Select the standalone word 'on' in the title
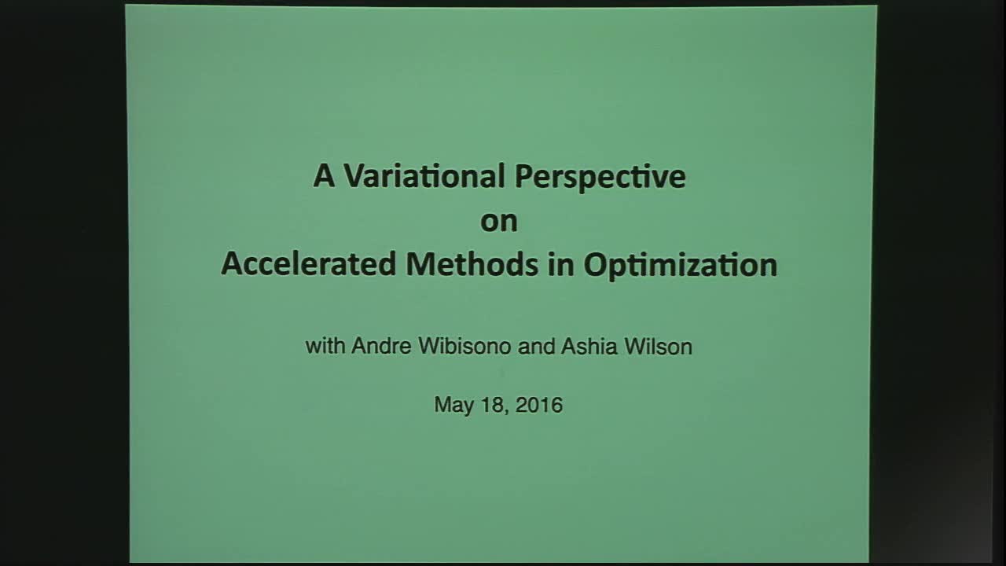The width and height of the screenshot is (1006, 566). tap(499, 222)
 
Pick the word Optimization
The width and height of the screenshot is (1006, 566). tap(680, 266)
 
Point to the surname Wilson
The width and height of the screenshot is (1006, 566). tap(658, 347)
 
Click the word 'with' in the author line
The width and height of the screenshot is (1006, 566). tap(325, 347)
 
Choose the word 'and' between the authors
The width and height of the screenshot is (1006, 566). tap(537, 347)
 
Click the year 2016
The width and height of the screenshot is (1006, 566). tap(540, 405)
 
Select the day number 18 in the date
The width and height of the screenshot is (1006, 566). tap(493, 405)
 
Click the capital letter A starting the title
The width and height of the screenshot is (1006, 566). tap(324, 177)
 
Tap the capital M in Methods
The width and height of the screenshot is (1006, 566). tap(419, 264)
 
